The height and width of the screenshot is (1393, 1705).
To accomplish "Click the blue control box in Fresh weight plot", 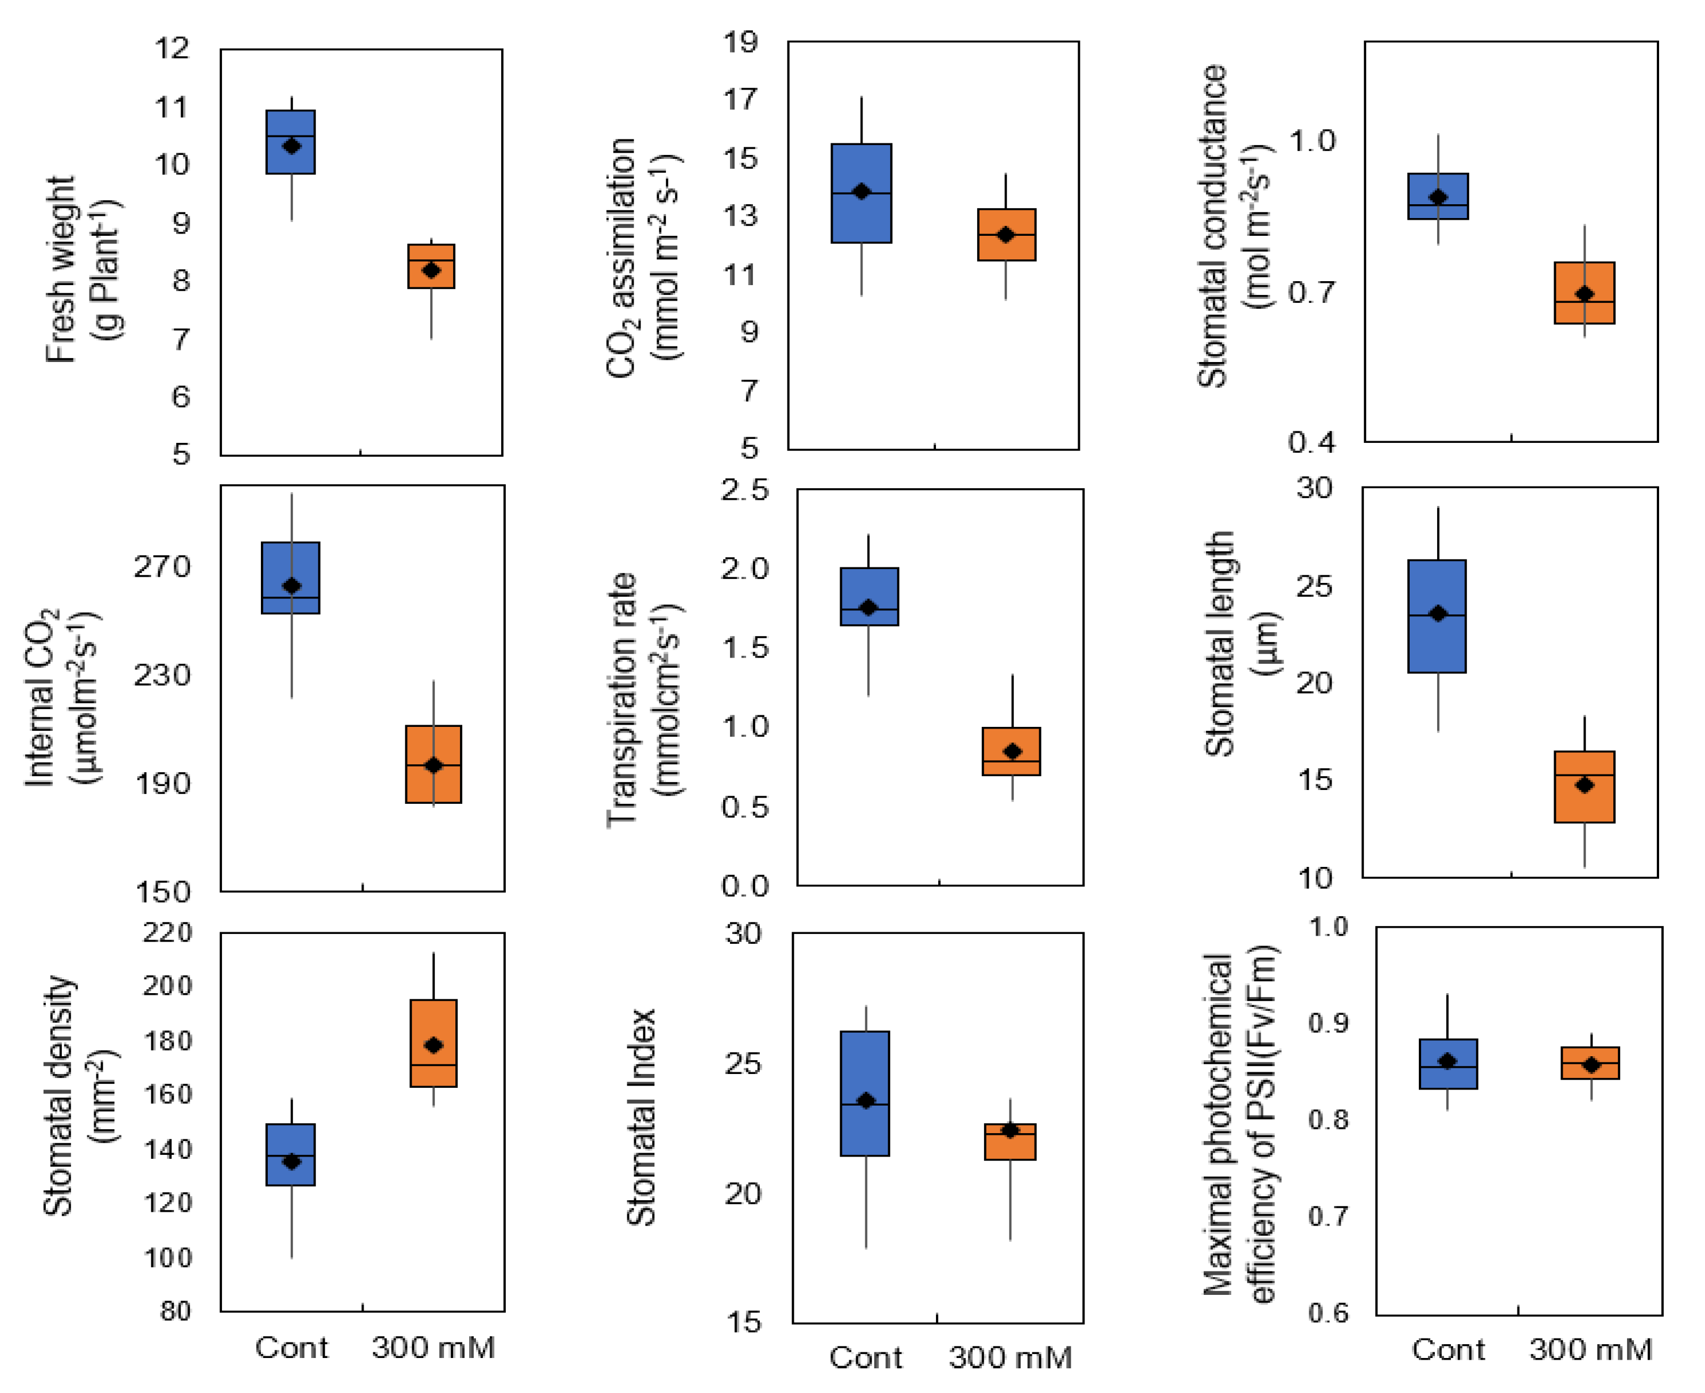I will (x=290, y=142).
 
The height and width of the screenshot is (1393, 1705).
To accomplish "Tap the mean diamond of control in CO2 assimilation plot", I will (x=861, y=192).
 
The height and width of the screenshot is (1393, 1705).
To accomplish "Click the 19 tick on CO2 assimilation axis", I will (x=740, y=42).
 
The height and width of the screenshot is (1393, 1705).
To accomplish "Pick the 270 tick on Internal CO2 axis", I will (x=162, y=566).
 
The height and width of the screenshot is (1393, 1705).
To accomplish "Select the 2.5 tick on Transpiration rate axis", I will (x=744, y=489).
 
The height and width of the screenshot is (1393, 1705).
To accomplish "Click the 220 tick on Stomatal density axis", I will (x=167, y=932).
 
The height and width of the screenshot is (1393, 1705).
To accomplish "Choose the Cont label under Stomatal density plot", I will (x=291, y=1347).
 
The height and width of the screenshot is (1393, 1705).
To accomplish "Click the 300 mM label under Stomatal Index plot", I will (x=1010, y=1357).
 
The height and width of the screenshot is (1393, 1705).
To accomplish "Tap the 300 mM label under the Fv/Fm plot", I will (x=1591, y=1349).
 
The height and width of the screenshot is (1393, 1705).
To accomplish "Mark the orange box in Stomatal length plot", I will (x=1585, y=787).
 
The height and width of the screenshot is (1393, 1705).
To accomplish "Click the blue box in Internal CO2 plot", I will (x=290, y=578).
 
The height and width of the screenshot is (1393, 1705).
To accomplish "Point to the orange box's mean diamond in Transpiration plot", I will (x=1013, y=751).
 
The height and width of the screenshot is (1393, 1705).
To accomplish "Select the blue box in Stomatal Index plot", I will (x=864, y=1093).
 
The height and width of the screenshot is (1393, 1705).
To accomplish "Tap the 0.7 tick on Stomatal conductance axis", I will (x=1312, y=292).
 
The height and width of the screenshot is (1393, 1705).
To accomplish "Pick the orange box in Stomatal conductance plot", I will (x=1585, y=293).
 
